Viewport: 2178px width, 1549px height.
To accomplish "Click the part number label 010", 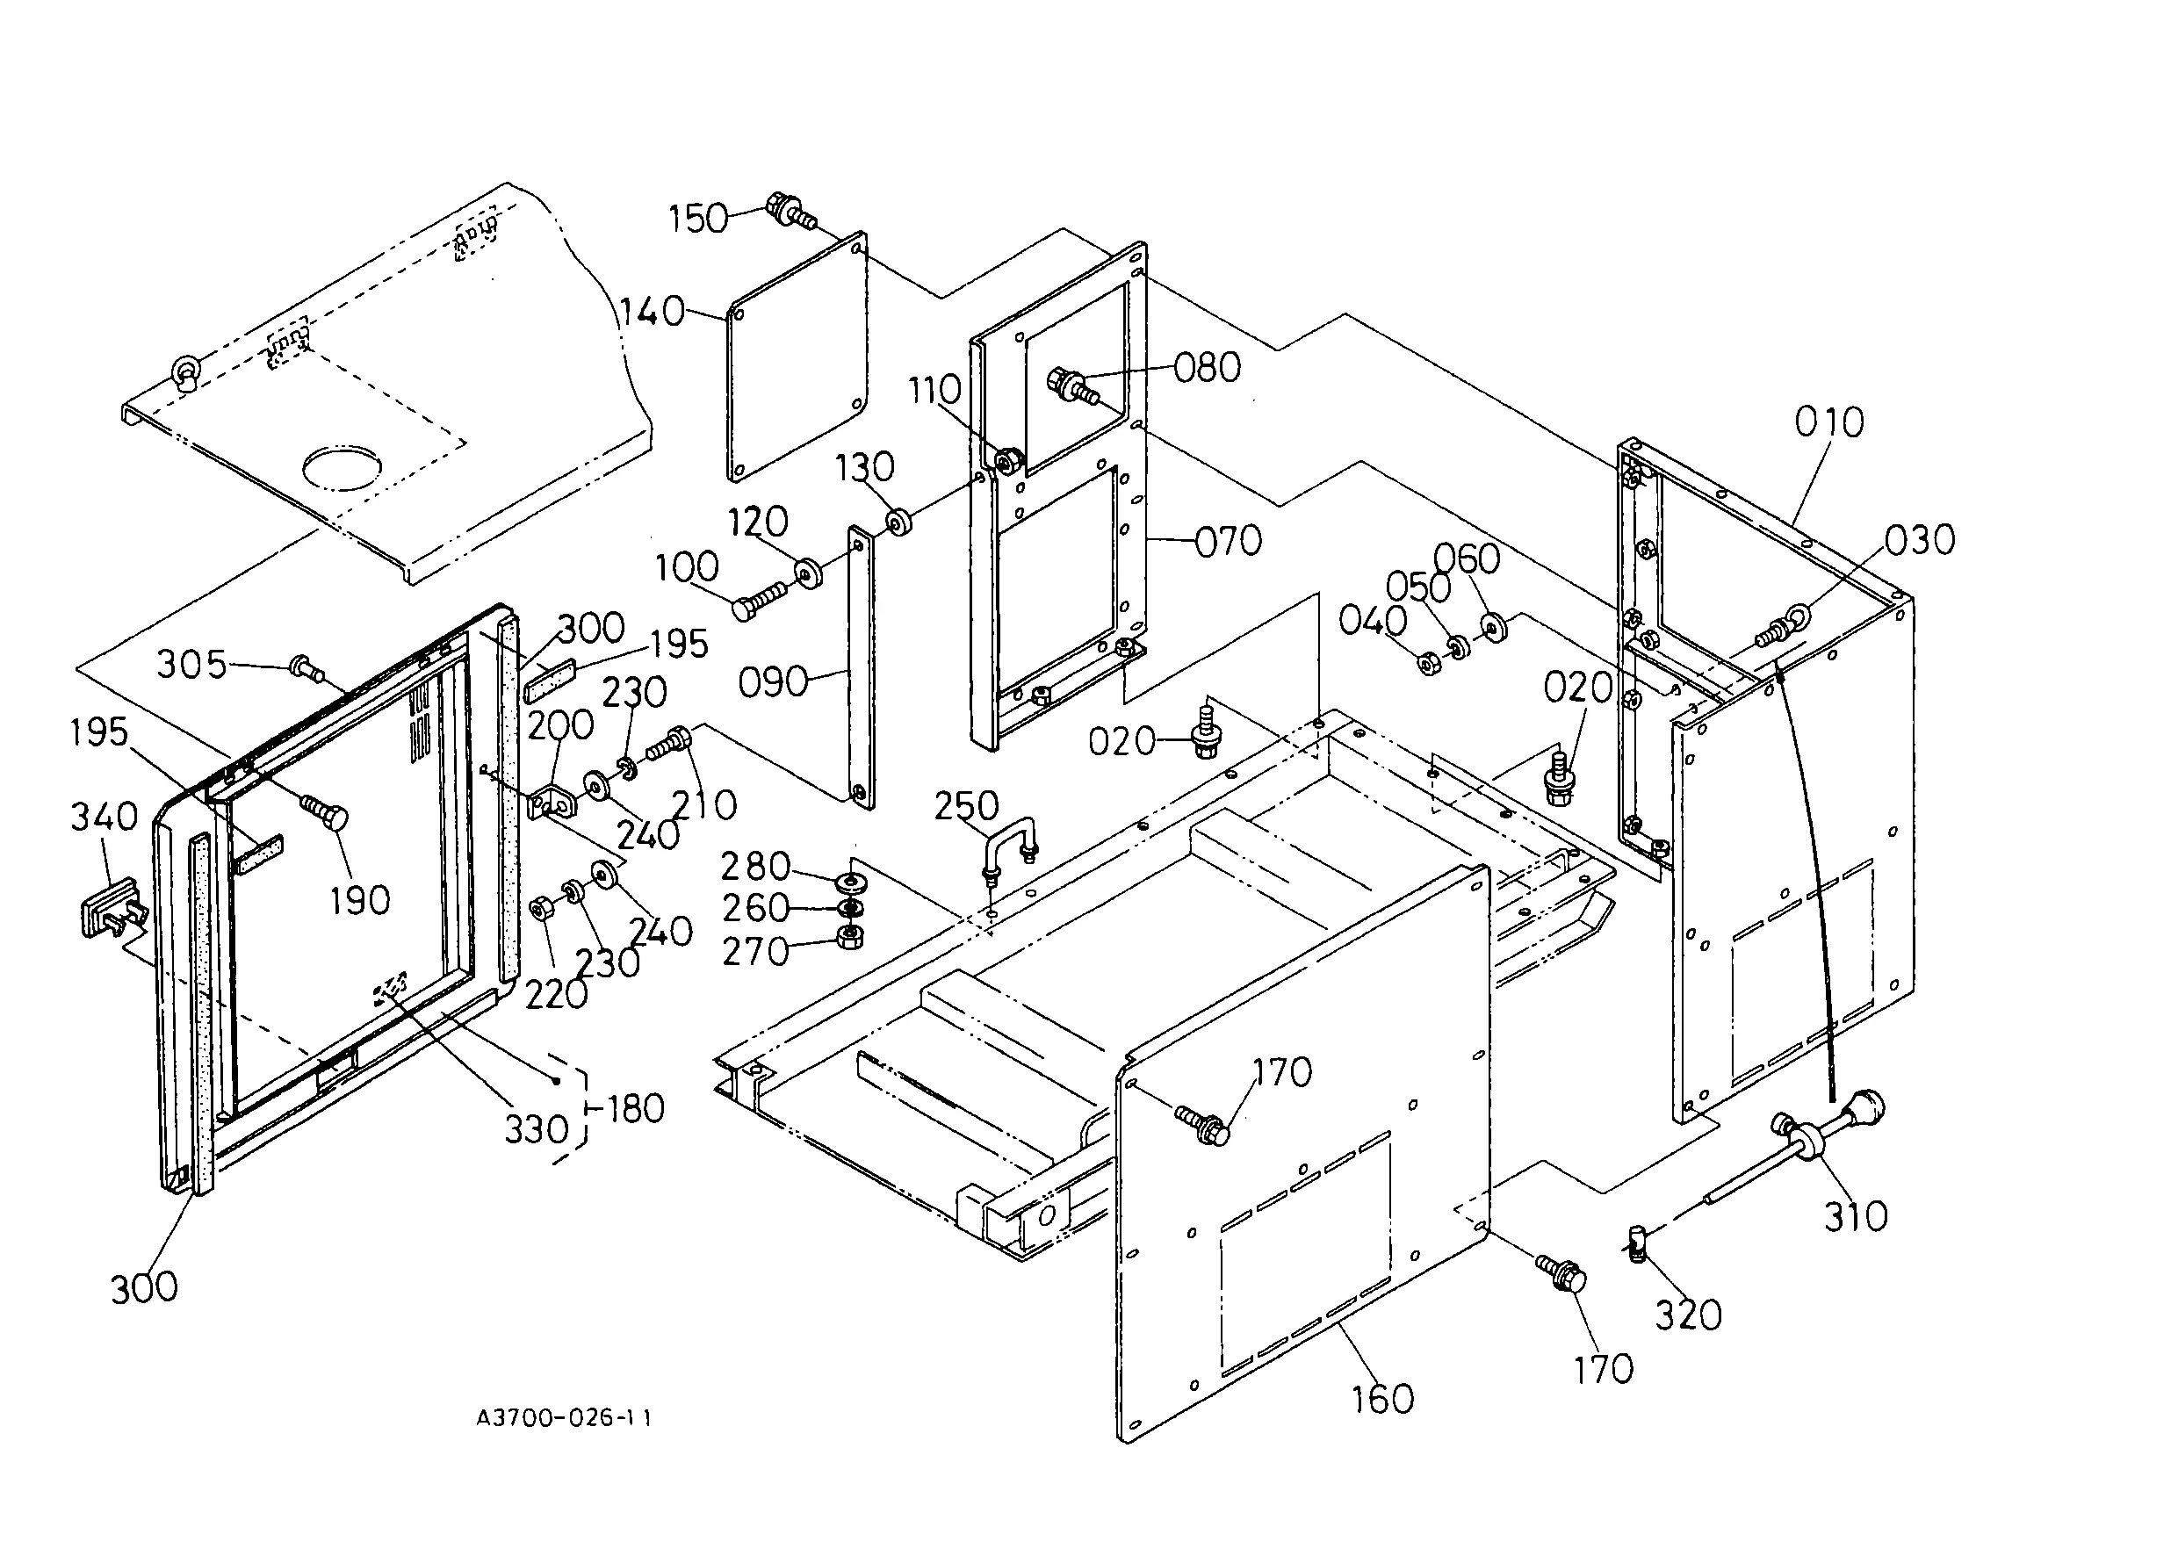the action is [1828, 421].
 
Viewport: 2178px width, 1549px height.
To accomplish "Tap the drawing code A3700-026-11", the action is [564, 1418].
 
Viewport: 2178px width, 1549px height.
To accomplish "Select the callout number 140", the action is [653, 312].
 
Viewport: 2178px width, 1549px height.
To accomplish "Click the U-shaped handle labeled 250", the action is [1007, 847].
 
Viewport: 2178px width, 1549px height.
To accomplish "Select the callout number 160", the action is [1382, 1399].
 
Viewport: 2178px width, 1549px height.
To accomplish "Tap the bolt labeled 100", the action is [760, 601].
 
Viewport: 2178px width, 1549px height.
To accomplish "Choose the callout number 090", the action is [773, 683].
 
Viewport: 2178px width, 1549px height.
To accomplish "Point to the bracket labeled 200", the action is [553, 800].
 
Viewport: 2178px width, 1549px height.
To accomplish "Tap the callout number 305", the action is [191, 665].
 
